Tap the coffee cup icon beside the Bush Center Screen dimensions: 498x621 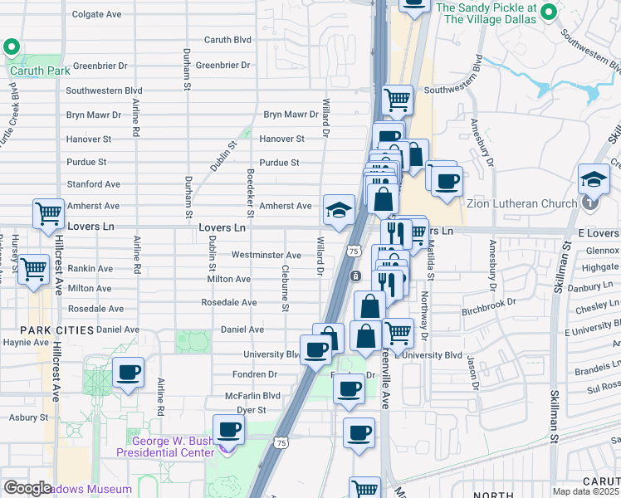click(x=228, y=431)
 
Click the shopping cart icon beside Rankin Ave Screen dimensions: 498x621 click(x=34, y=269)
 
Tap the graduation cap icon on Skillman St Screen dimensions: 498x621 click(x=594, y=178)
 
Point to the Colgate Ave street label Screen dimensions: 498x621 click(x=96, y=14)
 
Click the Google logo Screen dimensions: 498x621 click(x=27, y=488)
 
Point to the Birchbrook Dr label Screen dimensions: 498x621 click(x=490, y=313)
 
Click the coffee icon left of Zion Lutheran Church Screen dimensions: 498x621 click(x=447, y=180)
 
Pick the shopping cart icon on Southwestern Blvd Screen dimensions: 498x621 click(x=398, y=100)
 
